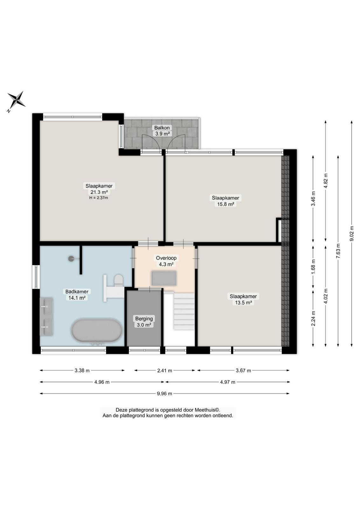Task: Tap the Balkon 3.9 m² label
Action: pos(162,131)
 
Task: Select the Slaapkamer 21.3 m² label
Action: pos(99,189)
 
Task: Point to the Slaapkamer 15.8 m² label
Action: pos(225,201)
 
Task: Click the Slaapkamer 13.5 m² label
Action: pos(243,299)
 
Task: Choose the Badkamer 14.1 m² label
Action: pos(77,295)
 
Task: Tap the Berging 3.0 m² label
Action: pos(144,322)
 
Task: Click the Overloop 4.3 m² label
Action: pos(166,261)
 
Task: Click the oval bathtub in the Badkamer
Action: pos(97,331)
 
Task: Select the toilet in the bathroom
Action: pos(118,281)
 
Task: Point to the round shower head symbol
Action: pos(71,258)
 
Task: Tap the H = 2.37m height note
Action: pos(99,198)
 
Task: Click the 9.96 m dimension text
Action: pos(164,394)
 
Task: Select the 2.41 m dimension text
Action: pos(164,371)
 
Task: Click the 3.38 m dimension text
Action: pos(82,370)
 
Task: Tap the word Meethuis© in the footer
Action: pos(207,410)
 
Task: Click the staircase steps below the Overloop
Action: pos(184,311)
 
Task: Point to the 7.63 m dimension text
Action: pos(338,251)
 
